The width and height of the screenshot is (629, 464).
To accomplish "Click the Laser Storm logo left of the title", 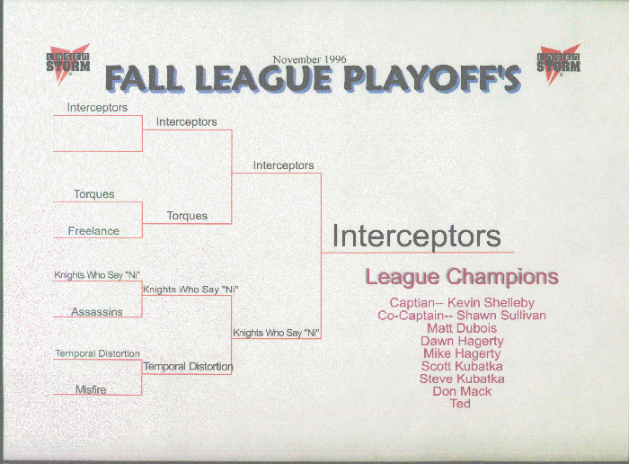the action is point(68,64).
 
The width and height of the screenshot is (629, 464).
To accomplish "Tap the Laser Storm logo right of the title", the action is point(559,64).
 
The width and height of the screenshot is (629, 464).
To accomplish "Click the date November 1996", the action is point(309,59).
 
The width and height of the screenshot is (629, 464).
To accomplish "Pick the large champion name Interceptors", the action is point(416,236).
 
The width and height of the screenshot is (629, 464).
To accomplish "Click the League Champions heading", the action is point(462,277).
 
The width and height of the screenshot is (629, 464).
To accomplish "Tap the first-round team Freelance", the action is point(93,231).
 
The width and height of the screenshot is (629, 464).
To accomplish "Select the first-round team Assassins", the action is point(97,311).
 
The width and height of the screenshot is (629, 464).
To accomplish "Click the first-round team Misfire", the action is point(91,389).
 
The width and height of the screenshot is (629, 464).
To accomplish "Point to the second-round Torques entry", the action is point(187,216).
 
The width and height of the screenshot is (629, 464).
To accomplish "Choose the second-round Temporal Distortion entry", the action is point(188,367).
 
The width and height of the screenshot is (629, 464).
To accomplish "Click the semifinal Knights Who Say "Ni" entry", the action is point(277,333).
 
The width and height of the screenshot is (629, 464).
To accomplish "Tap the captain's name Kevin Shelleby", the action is point(491,303).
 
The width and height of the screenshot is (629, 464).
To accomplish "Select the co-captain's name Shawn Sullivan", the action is point(501,315).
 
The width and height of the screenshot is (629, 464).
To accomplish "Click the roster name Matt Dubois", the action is point(462,328).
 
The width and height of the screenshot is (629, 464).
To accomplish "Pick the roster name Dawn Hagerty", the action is point(462,341).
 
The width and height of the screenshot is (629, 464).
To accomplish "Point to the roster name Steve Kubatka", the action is point(462,379).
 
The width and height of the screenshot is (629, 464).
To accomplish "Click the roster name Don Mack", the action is point(462,391).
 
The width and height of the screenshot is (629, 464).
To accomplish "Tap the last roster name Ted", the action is point(460,404).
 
